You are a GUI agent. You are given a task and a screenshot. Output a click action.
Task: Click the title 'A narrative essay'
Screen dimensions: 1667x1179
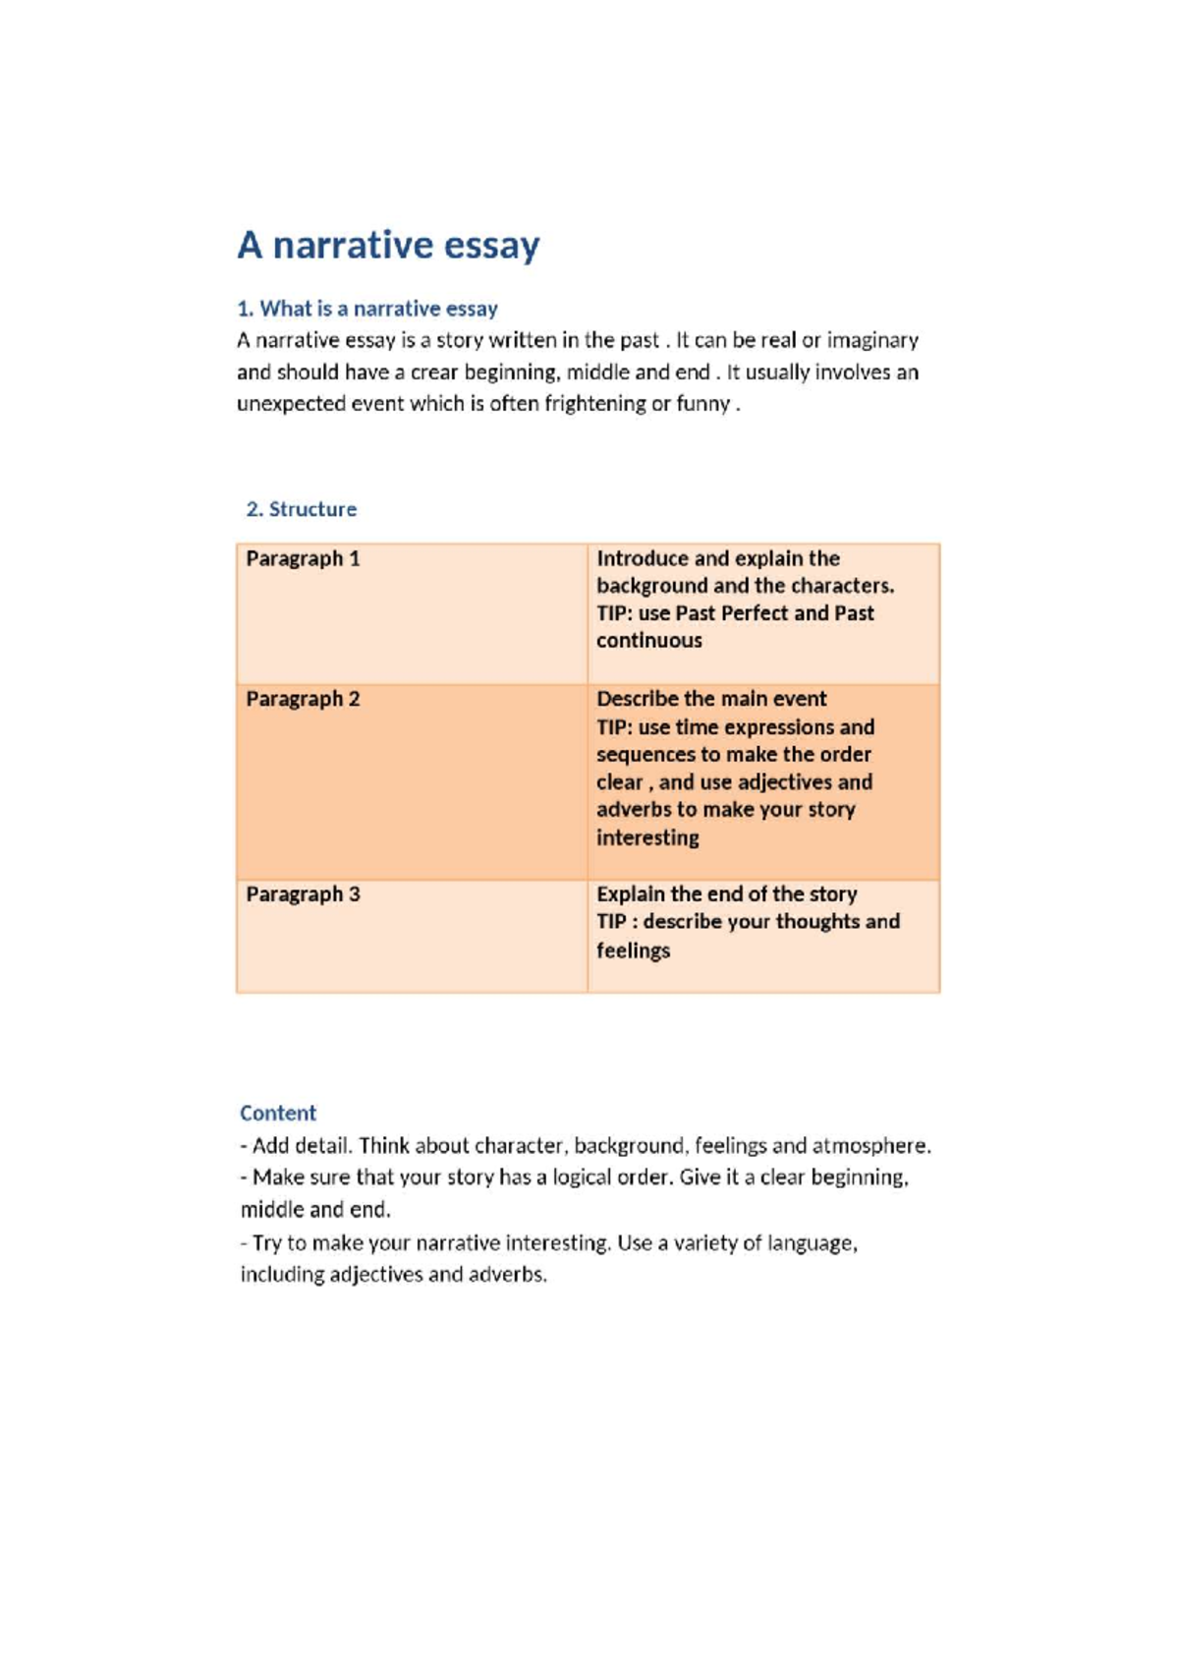[x=388, y=245]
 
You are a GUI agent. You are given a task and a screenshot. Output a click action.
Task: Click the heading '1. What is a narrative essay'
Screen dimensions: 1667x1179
[x=367, y=309]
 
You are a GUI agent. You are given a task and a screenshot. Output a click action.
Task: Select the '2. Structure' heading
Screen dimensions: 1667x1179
[x=301, y=509]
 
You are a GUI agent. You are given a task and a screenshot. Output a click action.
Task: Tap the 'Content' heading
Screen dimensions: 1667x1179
[x=278, y=1113]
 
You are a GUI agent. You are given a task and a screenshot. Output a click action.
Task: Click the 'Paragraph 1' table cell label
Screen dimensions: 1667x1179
[x=303, y=558]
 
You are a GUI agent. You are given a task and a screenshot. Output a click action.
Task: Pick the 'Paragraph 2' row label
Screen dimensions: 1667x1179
[x=303, y=699]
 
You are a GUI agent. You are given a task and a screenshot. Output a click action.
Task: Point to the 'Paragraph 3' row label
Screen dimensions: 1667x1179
[x=303, y=894]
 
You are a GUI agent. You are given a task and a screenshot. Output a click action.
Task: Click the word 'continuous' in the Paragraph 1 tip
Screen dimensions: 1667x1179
[x=649, y=641]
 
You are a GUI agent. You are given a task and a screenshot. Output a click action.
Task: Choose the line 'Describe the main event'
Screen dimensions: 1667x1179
[x=711, y=699]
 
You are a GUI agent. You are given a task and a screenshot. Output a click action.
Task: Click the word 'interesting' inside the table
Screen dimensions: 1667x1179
[x=647, y=838]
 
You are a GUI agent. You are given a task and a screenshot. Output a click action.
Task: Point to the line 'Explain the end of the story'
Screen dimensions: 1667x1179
[x=726, y=894]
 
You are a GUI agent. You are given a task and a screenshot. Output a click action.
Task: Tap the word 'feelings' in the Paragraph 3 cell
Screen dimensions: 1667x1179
[x=633, y=950]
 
